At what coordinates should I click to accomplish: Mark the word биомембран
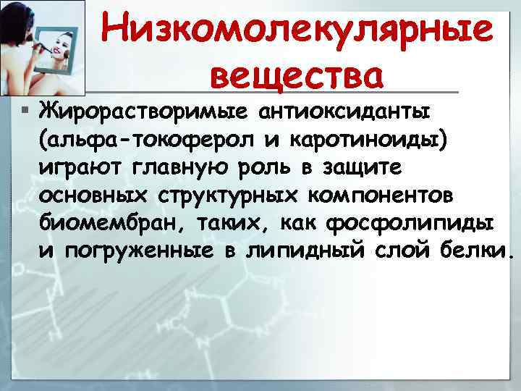click(100, 224)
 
